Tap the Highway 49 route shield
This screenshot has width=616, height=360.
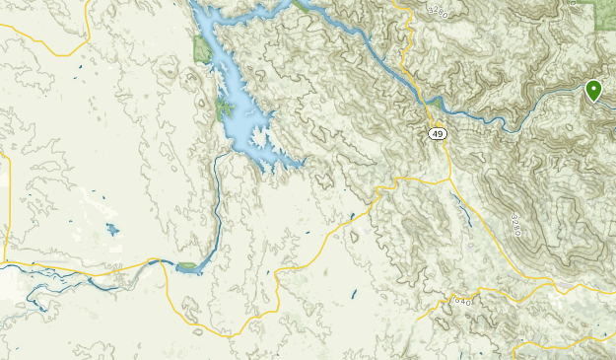[438, 133]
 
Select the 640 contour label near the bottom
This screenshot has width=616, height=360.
[462, 299]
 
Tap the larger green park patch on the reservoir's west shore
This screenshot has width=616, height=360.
[202, 47]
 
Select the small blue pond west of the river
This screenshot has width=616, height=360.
[112, 231]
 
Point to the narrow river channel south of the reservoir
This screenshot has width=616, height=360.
[216, 207]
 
